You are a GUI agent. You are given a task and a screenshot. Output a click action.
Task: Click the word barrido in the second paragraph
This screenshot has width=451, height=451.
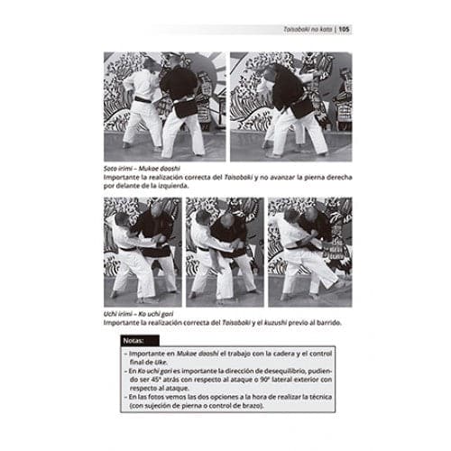click(331, 323)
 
